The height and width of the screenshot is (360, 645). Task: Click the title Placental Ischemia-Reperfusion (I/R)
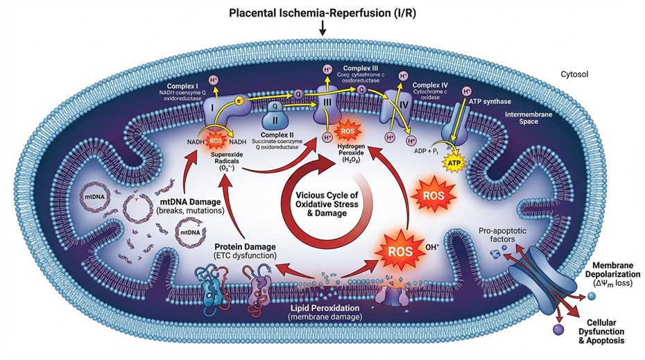tap(322, 12)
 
